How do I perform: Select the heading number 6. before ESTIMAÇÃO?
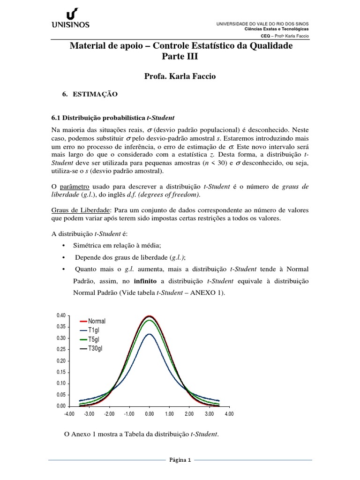click(65, 94)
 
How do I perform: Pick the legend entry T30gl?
click(97, 349)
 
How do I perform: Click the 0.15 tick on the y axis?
click(61, 372)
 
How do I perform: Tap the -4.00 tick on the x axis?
click(69, 414)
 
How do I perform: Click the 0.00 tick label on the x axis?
click(149, 414)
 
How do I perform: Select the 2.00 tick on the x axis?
click(189, 414)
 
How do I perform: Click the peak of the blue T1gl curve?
click(149, 334)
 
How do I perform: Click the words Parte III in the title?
click(180, 57)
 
